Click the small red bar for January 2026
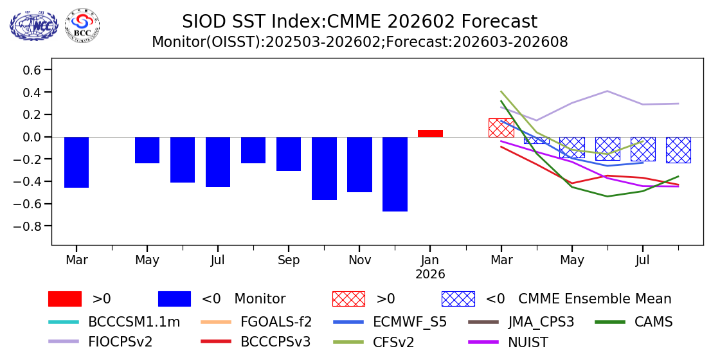point(430,133)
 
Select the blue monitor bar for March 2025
point(76,162)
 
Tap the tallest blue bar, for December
point(395,174)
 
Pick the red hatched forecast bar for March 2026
point(501,127)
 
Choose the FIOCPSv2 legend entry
point(120,341)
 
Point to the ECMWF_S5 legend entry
point(410,322)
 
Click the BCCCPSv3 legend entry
point(275,341)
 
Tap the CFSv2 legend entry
point(393,341)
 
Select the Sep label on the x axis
point(289,260)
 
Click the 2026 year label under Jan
point(430,274)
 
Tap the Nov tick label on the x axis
point(359,260)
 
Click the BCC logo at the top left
point(82,26)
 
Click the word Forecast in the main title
point(499,22)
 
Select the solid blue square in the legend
point(174,299)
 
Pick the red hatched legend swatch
point(348,299)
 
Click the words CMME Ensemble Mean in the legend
point(595,299)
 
